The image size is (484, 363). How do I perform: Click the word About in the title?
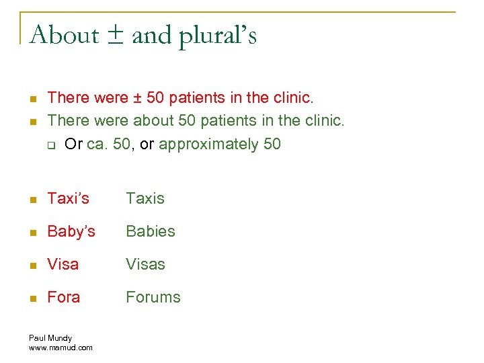(x=65, y=34)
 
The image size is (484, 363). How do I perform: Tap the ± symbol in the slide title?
(x=116, y=35)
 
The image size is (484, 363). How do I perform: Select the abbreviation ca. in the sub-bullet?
(x=97, y=144)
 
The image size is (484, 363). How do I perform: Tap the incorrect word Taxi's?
(x=68, y=198)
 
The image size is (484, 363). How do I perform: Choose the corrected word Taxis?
(x=145, y=198)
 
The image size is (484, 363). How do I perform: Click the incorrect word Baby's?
(x=71, y=231)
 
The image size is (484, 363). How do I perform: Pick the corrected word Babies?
(x=151, y=231)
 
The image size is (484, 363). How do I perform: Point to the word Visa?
(x=63, y=264)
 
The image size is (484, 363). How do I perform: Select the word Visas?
(x=146, y=264)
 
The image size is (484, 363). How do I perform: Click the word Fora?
(x=64, y=297)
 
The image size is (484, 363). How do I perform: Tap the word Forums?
(x=153, y=297)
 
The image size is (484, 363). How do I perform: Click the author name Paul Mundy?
(x=50, y=338)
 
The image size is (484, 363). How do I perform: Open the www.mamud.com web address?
(x=61, y=348)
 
